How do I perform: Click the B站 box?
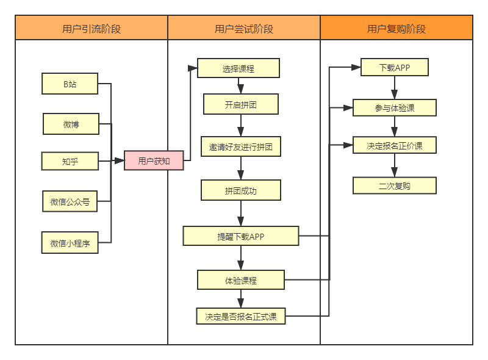(70, 84)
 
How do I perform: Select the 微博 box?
(71, 124)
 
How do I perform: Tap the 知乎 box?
(70, 161)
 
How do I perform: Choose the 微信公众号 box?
(70, 201)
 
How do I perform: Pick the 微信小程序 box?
(70, 243)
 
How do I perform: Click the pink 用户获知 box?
(154, 161)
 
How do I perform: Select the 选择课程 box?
(238, 68)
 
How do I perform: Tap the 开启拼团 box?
(240, 104)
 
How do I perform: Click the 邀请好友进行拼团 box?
(240, 147)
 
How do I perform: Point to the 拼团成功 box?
(240, 190)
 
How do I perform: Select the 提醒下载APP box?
(240, 236)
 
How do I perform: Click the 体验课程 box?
(240, 280)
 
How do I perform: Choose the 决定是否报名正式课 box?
(240, 316)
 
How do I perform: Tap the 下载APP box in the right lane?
(394, 67)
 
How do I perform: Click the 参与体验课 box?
(394, 108)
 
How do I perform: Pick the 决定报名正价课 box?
(394, 146)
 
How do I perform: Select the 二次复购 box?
(394, 185)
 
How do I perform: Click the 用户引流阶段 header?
(91, 28)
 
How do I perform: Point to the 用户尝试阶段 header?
(244, 28)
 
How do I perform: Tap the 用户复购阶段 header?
(396, 28)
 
